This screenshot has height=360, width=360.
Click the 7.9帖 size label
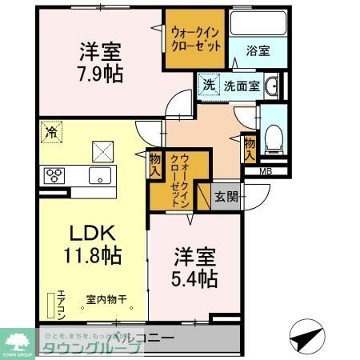pos(100,74)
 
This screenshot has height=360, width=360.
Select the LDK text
pos(92,235)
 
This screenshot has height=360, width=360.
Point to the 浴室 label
pos(258,50)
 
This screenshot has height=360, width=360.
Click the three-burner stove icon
pos(54,175)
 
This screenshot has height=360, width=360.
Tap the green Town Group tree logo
pos(17,339)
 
